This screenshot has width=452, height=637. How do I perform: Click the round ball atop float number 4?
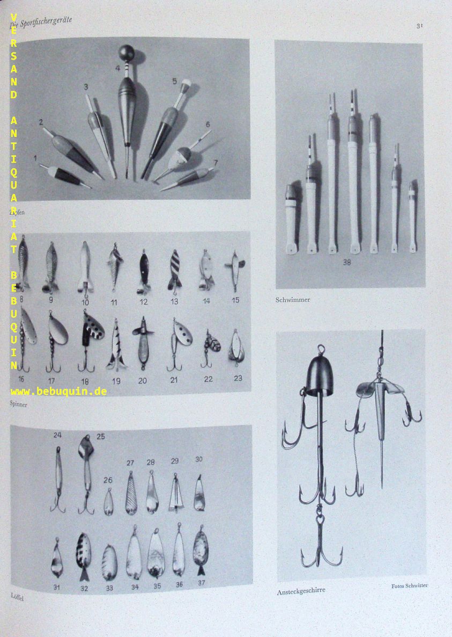pos(127,54)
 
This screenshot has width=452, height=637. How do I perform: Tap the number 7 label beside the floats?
pos(216,162)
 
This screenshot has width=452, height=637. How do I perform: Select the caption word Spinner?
pos(19,404)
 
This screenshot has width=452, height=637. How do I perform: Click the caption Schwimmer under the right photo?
pos(293,300)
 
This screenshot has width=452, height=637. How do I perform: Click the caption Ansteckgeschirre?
pos(301,590)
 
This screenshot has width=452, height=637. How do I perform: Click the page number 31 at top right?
pos(419,25)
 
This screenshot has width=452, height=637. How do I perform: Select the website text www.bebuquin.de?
pos(58,391)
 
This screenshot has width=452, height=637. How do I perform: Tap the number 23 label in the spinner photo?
pos(238,378)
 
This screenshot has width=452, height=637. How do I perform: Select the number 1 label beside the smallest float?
pos(35,158)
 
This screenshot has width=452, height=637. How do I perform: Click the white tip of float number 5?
pos(187,84)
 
